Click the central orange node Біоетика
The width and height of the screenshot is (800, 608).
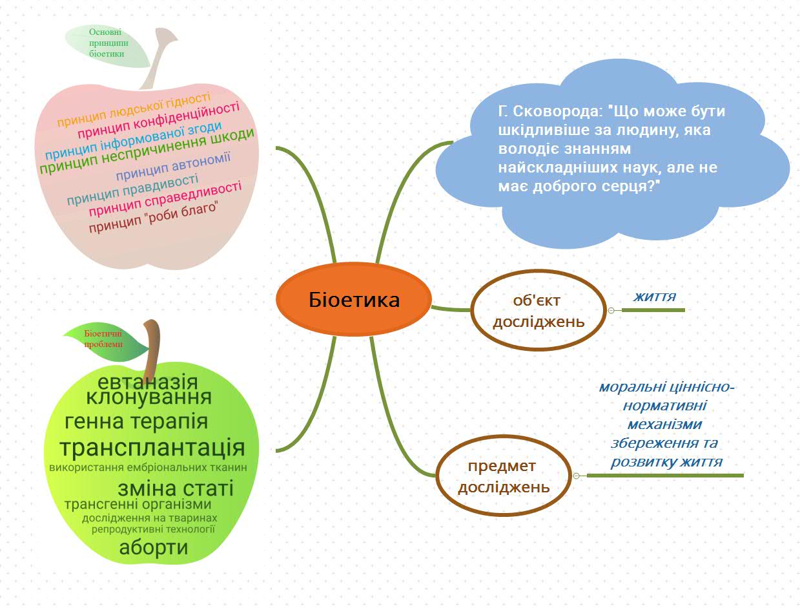pos(354,299)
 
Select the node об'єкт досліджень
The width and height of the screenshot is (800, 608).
pos(538,310)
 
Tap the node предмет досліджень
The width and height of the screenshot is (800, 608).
pos(504,476)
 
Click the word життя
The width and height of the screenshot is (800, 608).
pos(655,297)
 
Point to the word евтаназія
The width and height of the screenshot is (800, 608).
pos(148,381)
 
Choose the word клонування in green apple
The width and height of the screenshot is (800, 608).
pos(149,397)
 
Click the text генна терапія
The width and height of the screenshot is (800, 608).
pos(136,422)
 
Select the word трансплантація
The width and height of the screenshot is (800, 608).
pos(152,448)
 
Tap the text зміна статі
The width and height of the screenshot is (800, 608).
pos(176,488)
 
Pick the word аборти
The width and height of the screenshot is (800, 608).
pos(154,548)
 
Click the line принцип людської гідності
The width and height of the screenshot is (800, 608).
pos(134,110)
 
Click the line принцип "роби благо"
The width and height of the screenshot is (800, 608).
pos(154,219)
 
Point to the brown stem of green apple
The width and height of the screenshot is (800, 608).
pos(154,342)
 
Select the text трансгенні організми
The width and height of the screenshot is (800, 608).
pos(138,504)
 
